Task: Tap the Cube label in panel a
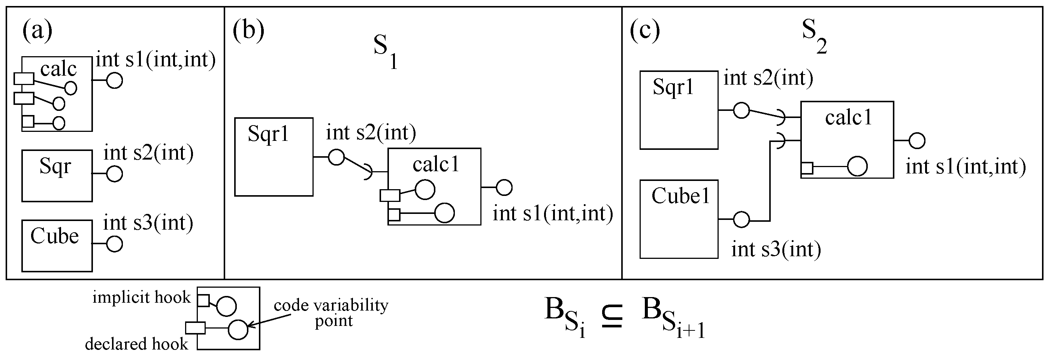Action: coord(54,236)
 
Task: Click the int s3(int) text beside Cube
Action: coord(148,223)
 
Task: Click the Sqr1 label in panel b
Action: coord(268,134)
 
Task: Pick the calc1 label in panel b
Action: coord(436,164)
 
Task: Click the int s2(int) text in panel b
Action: coord(371,133)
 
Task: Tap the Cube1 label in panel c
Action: coord(680,196)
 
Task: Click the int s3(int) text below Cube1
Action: coord(776,249)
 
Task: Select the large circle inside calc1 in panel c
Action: coord(857,166)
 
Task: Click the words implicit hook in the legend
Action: coord(141,297)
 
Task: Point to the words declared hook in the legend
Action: coord(136,344)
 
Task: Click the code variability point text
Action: coord(331,312)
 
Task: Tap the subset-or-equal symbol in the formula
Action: coord(612,318)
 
